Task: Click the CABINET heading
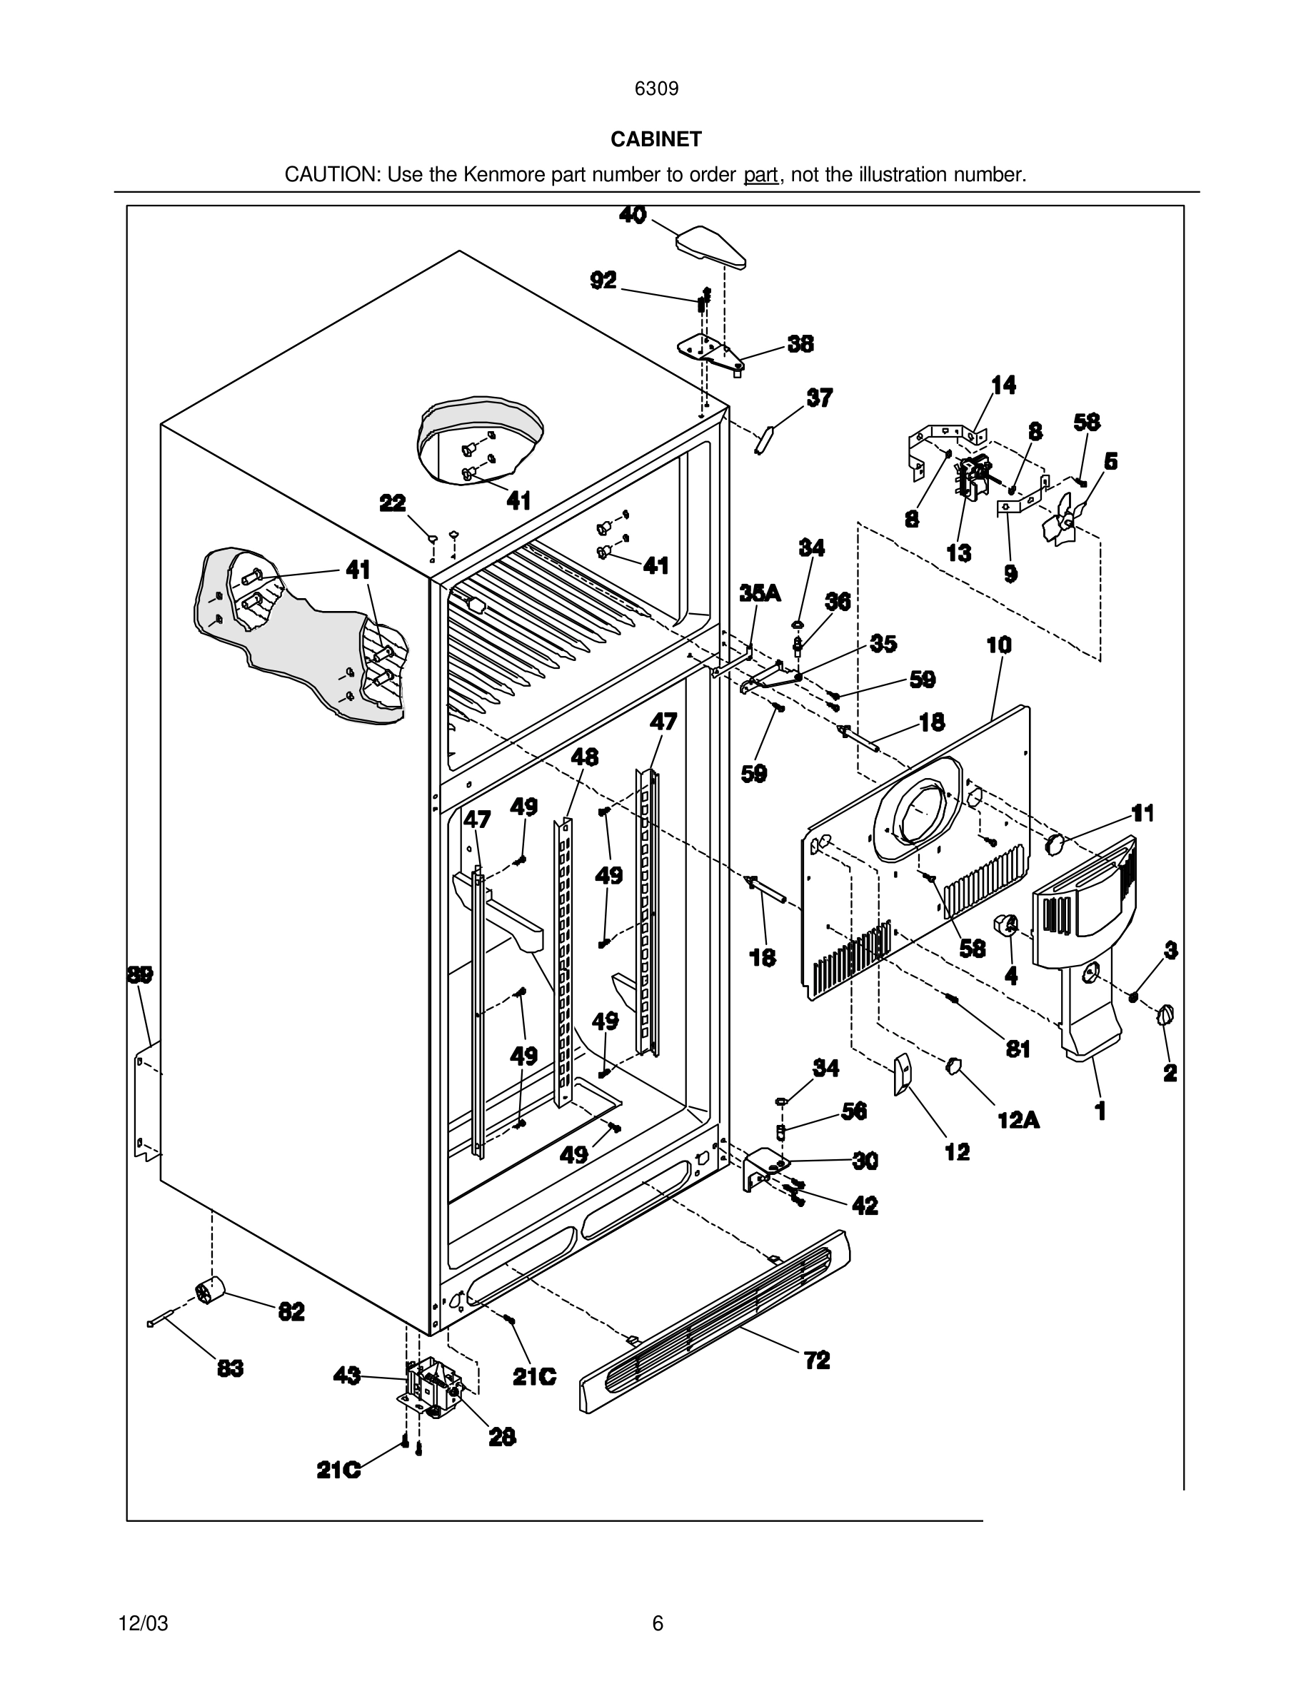(x=655, y=139)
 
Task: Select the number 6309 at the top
(x=656, y=89)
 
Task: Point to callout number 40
(x=633, y=215)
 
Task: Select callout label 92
(x=603, y=281)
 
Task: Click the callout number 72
(x=817, y=1360)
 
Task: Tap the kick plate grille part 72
(x=715, y=1320)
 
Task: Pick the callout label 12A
(x=1018, y=1120)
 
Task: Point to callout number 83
(x=230, y=1368)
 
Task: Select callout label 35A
(x=760, y=593)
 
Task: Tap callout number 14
(x=1003, y=385)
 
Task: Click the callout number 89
(x=141, y=974)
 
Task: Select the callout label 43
(x=346, y=1376)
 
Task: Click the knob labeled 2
(x=1165, y=1015)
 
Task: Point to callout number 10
(x=999, y=645)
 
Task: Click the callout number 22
(x=392, y=503)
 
